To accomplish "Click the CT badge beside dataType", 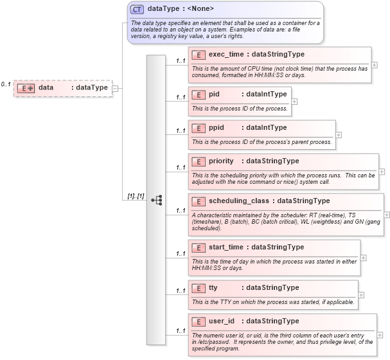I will (137, 9).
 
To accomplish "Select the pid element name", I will (215, 94).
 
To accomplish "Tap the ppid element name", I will (217, 127).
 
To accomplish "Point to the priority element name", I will (222, 161).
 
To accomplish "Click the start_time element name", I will (226, 247).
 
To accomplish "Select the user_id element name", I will (222, 321).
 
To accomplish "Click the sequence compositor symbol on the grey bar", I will (156, 200).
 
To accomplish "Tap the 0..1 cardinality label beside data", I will (6, 84).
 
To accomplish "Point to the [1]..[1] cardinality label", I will (134, 196).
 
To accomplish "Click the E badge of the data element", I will (26, 87).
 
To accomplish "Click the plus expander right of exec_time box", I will (375, 65).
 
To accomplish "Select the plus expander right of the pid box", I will (294, 101).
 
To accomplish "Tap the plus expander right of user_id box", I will (380, 334).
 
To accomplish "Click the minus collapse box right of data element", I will (115, 87).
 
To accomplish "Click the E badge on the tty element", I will (199, 287).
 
